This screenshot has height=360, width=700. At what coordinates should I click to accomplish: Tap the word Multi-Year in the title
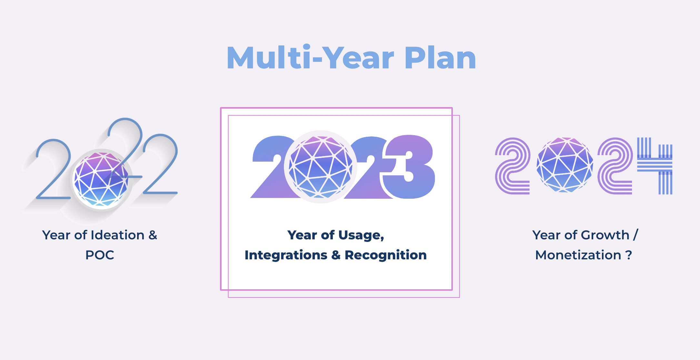pyautogui.click(x=310, y=57)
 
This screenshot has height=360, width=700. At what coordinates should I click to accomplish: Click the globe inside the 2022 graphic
pyautogui.click(x=101, y=179)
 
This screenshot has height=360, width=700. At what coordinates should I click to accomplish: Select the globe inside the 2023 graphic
pyautogui.click(x=321, y=167)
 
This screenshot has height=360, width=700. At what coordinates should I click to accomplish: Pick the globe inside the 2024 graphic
pyautogui.click(x=565, y=165)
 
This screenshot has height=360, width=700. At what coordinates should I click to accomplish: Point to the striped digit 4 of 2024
pyautogui.click(x=655, y=166)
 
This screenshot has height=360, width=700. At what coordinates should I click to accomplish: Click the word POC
pyautogui.click(x=100, y=255)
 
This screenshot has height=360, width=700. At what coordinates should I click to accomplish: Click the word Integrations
pyautogui.click(x=286, y=255)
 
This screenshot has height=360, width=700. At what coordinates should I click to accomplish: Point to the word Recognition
pyautogui.click(x=385, y=255)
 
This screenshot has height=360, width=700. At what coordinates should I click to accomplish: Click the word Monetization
pyautogui.click(x=578, y=255)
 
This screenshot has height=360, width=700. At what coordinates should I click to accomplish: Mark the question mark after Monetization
pyautogui.click(x=629, y=255)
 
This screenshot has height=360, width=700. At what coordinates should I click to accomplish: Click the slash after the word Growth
pyautogui.click(x=635, y=235)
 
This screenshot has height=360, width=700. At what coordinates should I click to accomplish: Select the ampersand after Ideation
pyautogui.click(x=153, y=235)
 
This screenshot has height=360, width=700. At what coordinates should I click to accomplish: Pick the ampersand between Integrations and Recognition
pyautogui.click(x=336, y=255)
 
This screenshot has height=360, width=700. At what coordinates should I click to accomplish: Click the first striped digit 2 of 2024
pyautogui.click(x=512, y=166)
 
